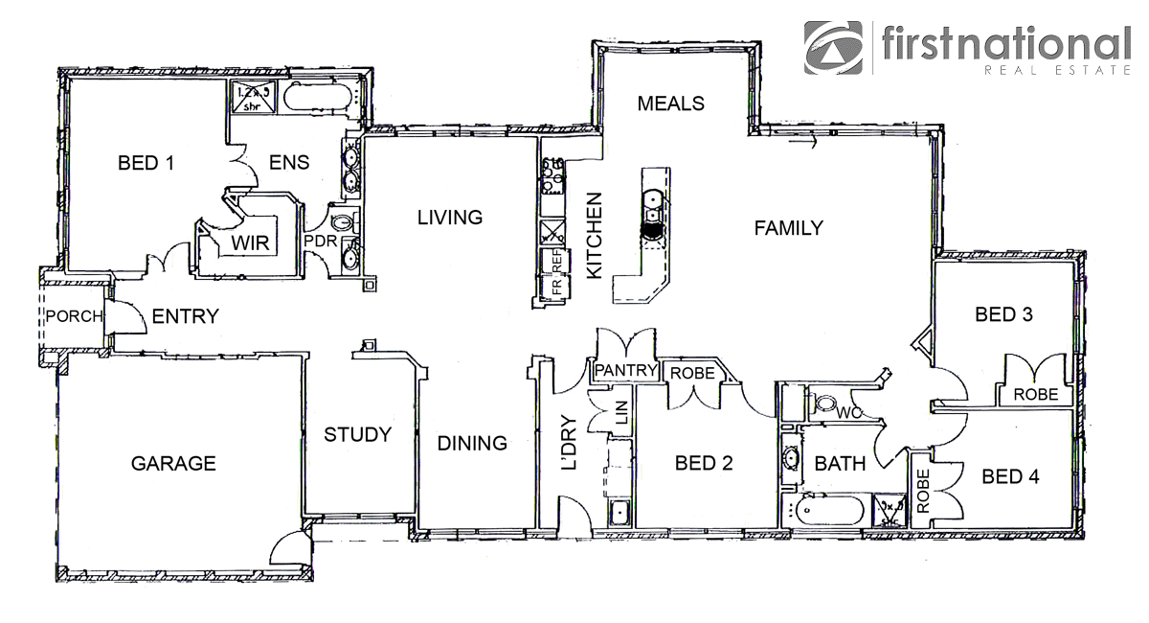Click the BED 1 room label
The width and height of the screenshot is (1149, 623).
pos(146,163)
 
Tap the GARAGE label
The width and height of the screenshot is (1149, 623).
pos(173,464)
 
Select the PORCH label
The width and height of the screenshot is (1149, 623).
pos(74,317)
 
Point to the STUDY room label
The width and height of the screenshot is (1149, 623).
pos(357,435)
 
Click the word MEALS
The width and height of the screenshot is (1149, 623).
pos(671,104)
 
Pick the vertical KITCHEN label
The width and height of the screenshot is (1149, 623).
pos(594,236)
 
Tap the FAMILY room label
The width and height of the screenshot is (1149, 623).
pos(788,228)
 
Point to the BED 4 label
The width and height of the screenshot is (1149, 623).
pos(1010,476)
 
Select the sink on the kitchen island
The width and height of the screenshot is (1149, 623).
pos(651,199)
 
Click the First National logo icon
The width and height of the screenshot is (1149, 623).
pos(834,47)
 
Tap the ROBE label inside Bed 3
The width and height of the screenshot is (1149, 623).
pos(1036,394)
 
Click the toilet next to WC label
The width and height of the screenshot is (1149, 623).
pos(824,405)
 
